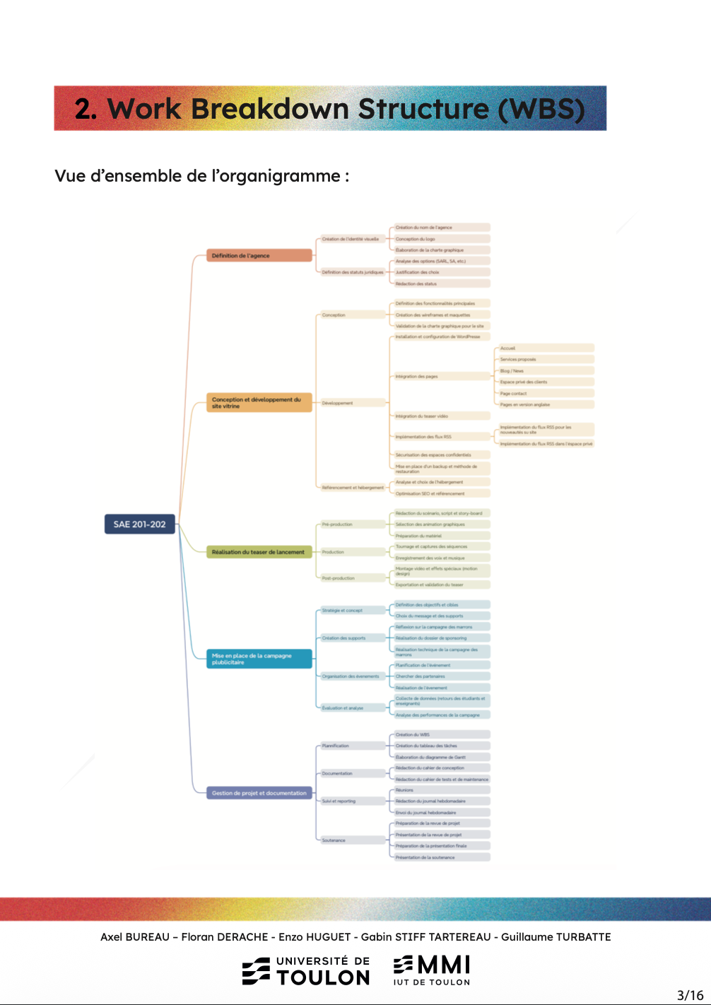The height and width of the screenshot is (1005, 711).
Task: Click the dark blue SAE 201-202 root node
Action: tap(139, 524)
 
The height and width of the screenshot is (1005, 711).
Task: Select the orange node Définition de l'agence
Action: tap(259, 256)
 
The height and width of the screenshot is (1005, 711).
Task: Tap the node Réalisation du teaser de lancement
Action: tap(259, 552)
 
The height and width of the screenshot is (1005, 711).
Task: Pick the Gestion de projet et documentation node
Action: tap(259, 793)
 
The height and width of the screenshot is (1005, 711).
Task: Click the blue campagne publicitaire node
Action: tap(259, 659)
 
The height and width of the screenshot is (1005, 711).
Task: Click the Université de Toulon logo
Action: tap(306, 971)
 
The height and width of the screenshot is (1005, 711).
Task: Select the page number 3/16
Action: tap(690, 995)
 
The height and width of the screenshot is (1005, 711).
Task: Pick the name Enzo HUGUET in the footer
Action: tap(315, 937)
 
